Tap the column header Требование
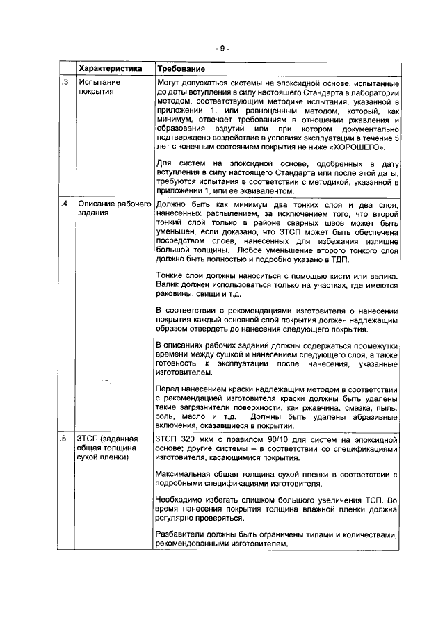pyautogui.click(x=181, y=69)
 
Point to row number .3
pyautogui.click(x=64, y=82)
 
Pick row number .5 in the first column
pyautogui.click(x=64, y=439)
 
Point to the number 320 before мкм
pyautogui.click(x=192, y=439)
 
